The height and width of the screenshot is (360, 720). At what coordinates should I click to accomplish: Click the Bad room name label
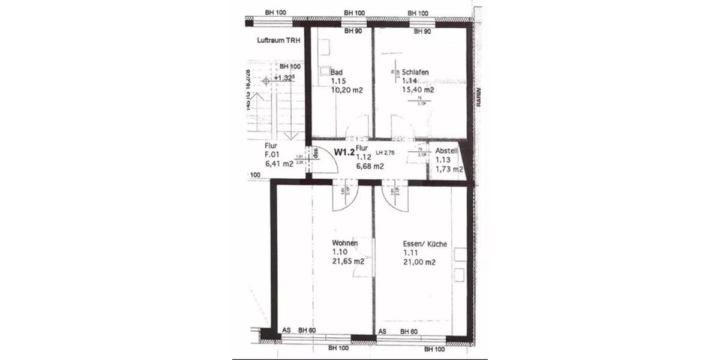337,72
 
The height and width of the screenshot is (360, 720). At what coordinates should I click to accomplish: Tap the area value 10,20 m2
348,90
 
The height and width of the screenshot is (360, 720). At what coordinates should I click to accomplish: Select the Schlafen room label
415,71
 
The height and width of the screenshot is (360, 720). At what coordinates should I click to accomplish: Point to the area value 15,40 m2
418,90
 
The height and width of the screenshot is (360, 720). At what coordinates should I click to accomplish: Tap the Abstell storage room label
446,151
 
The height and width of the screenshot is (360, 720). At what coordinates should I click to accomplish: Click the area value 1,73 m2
449,170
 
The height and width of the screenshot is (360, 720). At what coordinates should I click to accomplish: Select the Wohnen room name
345,242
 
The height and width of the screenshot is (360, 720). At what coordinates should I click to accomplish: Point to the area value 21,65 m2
349,262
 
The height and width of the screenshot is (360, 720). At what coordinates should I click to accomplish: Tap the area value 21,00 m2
419,262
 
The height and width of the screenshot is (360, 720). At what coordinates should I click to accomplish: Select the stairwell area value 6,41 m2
278,164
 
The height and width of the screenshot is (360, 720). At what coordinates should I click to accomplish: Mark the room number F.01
274,154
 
